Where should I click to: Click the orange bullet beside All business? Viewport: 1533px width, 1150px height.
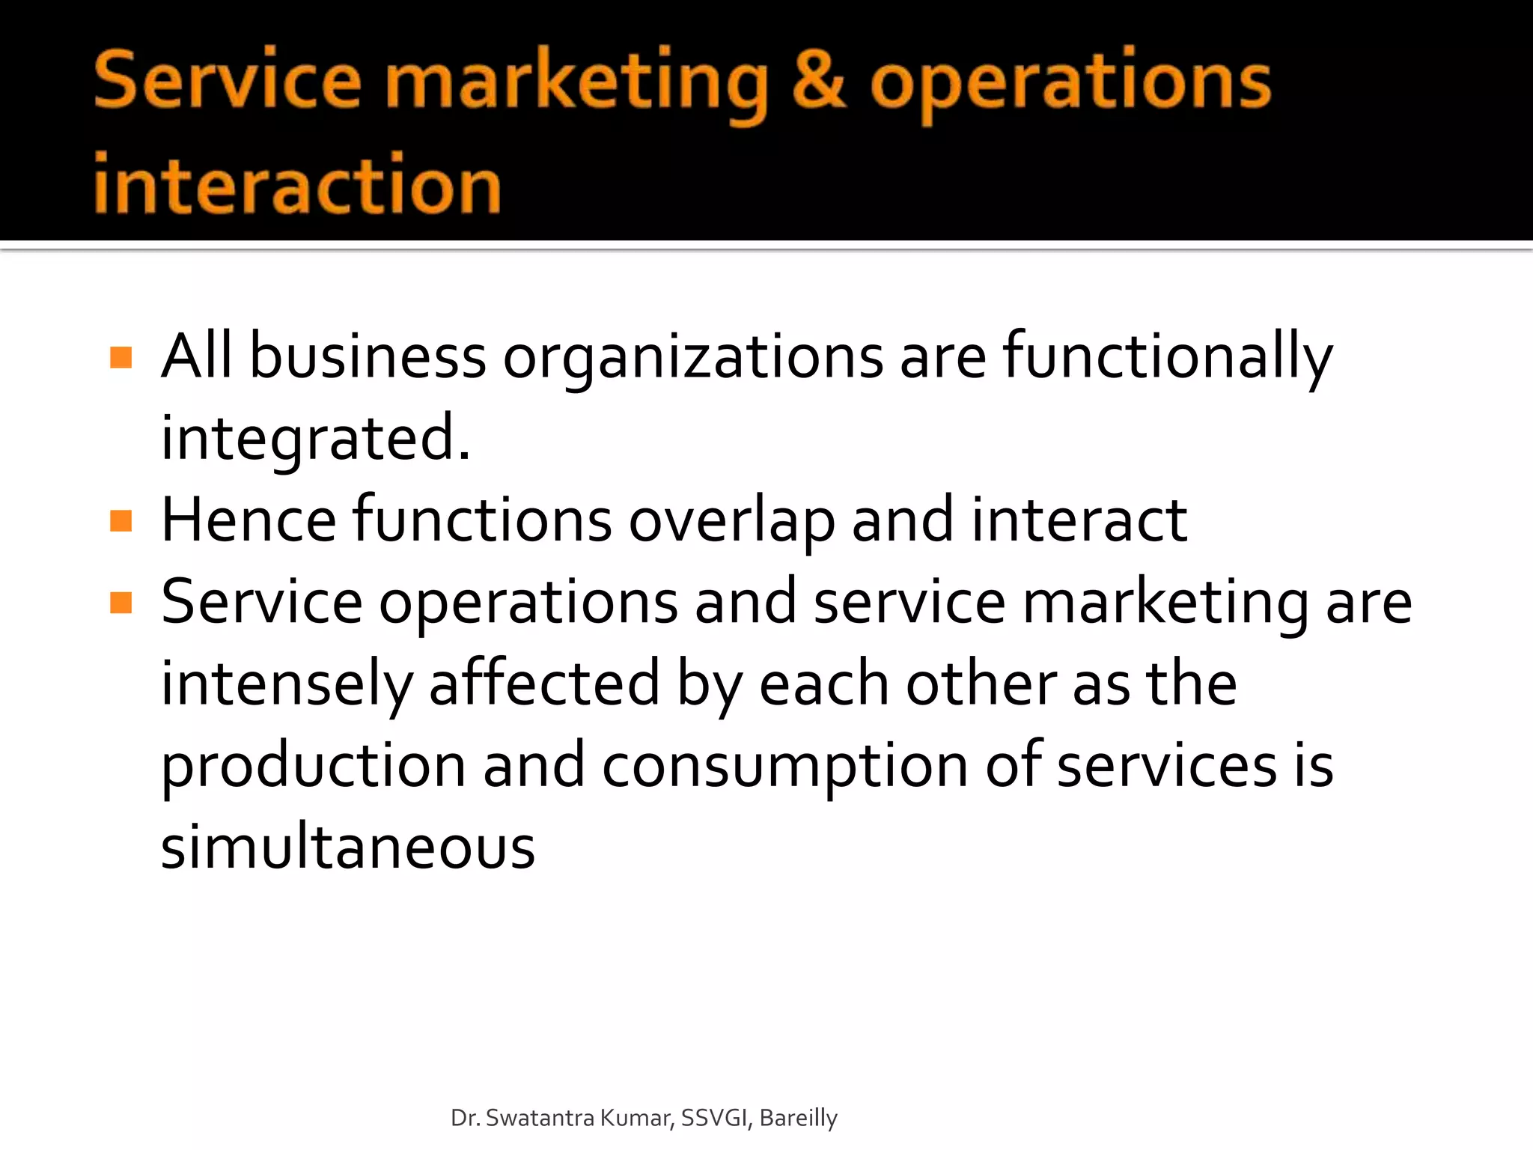coord(121,357)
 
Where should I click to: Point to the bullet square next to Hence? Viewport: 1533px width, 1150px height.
coord(121,520)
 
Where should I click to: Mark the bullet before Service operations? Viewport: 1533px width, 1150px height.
coord(121,602)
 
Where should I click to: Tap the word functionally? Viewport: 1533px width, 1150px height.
coord(1168,358)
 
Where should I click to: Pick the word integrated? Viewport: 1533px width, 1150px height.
coord(315,439)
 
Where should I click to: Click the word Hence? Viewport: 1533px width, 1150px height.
coord(249,520)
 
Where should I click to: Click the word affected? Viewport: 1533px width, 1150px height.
coord(544,683)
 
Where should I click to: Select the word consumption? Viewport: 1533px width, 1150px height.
coord(785,767)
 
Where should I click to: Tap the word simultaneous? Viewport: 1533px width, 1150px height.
coord(348,848)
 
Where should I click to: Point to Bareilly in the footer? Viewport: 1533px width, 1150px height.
coord(798,1119)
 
